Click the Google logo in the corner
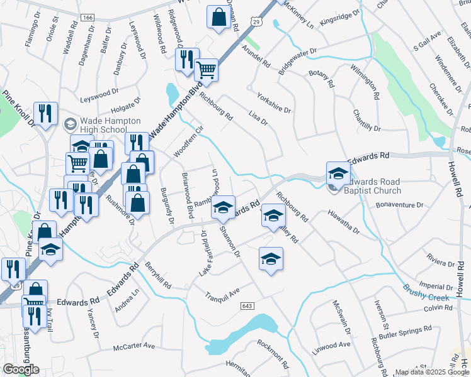21,369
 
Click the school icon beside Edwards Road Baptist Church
338,173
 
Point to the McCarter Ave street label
134,346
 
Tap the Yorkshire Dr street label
274,103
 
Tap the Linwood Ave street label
332,345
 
